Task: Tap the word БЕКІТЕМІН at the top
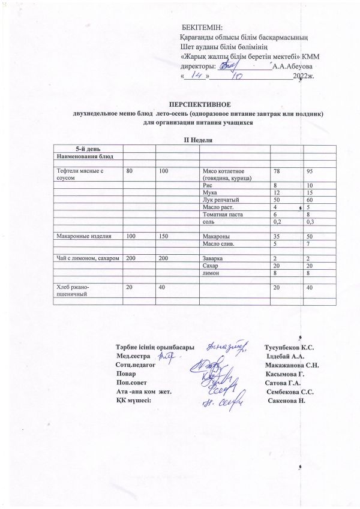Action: (202, 28)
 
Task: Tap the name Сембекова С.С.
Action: (294, 391)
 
